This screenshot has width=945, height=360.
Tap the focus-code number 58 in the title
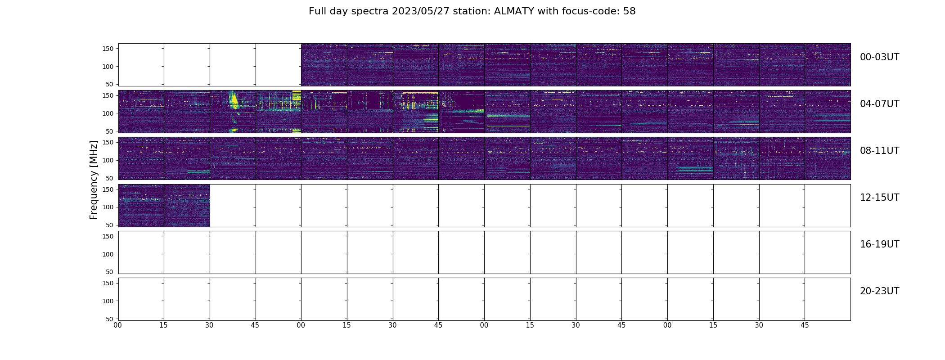(x=630, y=11)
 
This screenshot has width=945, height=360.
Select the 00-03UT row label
(x=879, y=57)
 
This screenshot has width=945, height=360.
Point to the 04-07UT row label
(x=879, y=104)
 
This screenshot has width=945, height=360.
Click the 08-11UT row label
(x=879, y=151)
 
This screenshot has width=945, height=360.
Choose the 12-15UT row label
(x=879, y=198)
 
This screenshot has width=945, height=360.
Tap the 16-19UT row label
(x=879, y=244)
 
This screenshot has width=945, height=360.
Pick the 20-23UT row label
(x=879, y=291)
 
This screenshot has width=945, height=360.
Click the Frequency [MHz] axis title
(x=94, y=180)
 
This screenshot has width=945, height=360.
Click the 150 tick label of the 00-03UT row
(x=108, y=49)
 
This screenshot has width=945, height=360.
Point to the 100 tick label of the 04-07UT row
(x=108, y=113)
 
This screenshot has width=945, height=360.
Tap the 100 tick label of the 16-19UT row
(x=108, y=254)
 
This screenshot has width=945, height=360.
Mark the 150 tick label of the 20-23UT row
(x=108, y=283)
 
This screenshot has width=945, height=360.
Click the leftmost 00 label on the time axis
(x=118, y=325)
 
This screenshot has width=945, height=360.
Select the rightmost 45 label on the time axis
(x=805, y=325)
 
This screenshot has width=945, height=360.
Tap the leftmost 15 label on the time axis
(x=164, y=325)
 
